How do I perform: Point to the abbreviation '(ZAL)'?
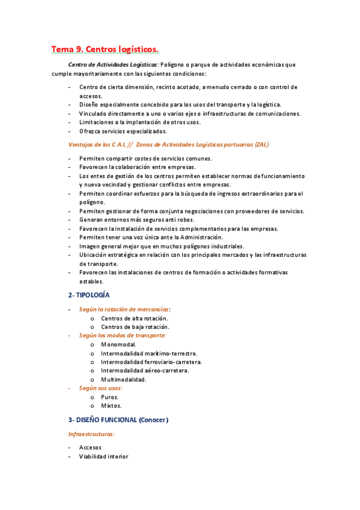click(262, 144)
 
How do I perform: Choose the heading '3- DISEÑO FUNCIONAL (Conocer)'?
click(118, 419)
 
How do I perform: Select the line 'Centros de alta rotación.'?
click(135, 318)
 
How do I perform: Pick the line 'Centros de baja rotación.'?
click(135, 327)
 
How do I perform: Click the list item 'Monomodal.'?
click(118, 345)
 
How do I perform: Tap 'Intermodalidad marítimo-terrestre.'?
click(149, 354)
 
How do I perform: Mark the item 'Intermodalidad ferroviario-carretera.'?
click(151, 362)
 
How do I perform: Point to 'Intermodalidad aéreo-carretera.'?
click(145, 370)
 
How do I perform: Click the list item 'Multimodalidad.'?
click(124, 379)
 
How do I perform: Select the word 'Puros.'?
click(110, 397)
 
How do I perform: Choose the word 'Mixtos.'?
click(111, 405)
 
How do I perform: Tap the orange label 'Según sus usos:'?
click(100, 389)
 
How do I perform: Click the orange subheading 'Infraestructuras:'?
click(91, 434)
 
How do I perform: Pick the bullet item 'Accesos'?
click(90, 447)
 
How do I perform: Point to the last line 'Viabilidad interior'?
click(103, 456)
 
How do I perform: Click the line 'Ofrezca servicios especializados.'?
click(123, 131)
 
